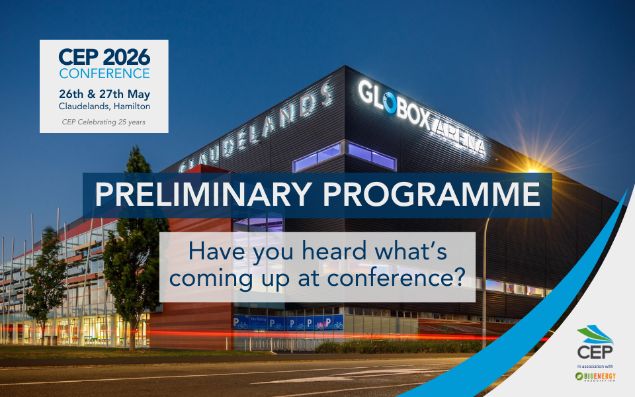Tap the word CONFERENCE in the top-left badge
[104, 73]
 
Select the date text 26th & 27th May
[104, 92]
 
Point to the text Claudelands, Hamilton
[104, 105]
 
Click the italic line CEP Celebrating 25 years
[104, 122]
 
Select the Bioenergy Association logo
[594, 377]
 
